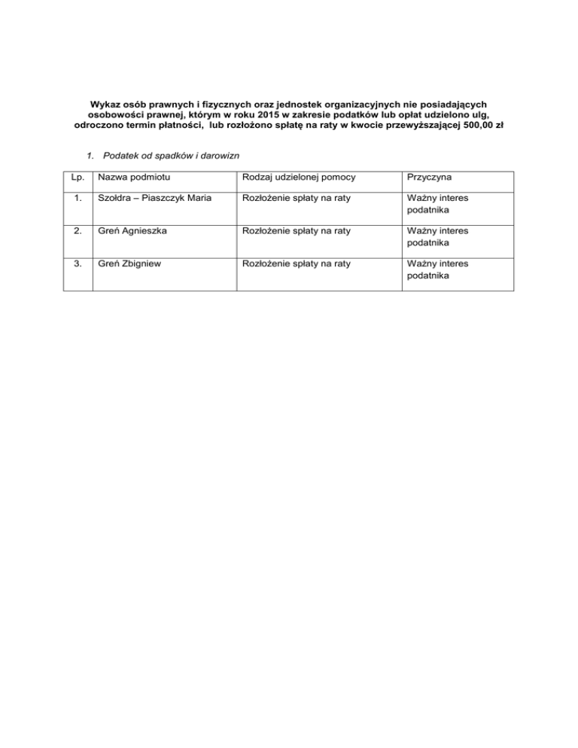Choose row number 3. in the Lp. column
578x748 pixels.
pos(75,263)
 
